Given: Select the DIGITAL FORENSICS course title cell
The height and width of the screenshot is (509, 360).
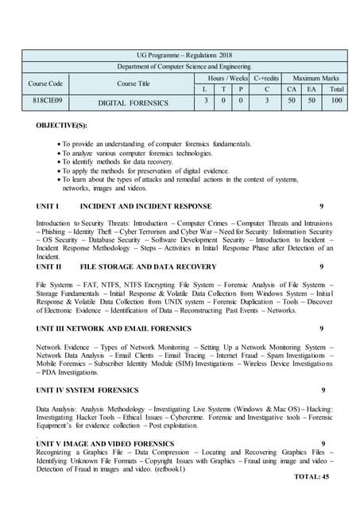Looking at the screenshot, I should [134, 103].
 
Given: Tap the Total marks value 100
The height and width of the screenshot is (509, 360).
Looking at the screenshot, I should [337, 101].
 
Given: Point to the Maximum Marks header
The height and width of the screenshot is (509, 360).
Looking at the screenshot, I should [316, 78].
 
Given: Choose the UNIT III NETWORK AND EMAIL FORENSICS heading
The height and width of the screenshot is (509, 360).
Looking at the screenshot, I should [110, 328].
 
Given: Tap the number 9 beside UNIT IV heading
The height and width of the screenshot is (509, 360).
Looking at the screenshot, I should [323, 390].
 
